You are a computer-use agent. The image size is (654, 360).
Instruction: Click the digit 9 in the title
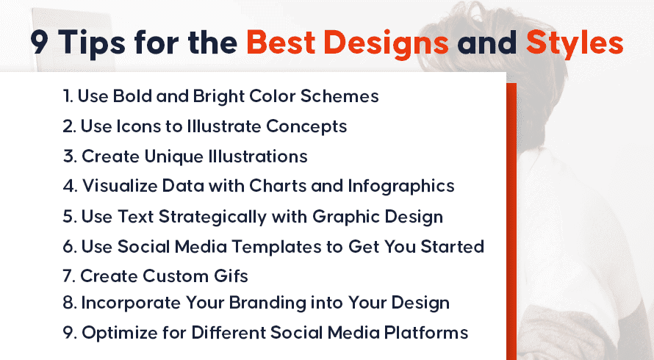(40, 43)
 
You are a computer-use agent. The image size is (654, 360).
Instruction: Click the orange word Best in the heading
(281, 43)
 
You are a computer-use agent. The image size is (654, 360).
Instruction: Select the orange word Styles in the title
(575, 44)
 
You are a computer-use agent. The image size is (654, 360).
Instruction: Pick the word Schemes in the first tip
(339, 96)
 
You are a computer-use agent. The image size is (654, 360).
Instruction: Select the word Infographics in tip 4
(401, 187)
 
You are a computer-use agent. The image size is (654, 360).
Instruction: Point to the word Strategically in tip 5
(212, 217)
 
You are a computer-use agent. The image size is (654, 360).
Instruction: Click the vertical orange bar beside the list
(511, 221)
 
